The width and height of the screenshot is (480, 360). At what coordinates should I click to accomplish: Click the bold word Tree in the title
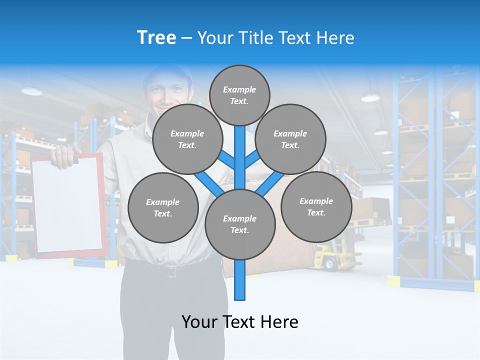pos(156,38)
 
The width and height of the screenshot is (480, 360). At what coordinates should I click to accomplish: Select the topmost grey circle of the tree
pos(239,95)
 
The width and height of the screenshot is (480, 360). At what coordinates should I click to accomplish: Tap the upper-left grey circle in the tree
pos(187,139)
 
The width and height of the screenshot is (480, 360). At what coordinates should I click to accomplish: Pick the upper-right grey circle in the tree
pos(290,139)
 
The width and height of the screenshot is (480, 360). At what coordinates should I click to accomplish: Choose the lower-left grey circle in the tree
pos(163,207)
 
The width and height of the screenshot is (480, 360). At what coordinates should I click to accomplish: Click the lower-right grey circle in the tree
pos(316,206)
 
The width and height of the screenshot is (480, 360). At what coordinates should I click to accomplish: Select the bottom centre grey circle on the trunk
pos(240,224)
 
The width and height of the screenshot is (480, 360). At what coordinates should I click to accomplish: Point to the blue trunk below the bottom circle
pos(240,280)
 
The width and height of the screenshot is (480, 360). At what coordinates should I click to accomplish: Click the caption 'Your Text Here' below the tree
pos(240,322)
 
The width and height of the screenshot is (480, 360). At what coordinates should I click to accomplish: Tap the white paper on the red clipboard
pos(67,205)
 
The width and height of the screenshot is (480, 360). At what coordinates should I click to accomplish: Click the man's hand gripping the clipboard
pos(63,156)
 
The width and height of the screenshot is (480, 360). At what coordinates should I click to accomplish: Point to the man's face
pos(167,92)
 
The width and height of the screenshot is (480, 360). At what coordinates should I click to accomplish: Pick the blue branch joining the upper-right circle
pos(252,159)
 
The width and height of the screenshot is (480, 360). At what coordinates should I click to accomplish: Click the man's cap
pos(167,72)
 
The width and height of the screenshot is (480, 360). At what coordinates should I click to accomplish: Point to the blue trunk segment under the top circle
pos(240,145)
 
